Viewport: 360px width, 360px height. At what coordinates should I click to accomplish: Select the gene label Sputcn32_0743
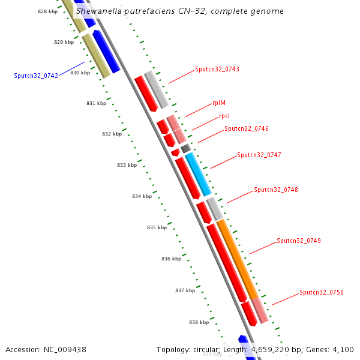[x=217, y=70]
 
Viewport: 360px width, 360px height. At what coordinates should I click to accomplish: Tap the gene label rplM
[x=219, y=103]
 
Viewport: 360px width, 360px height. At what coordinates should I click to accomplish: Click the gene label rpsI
[x=224, y=116]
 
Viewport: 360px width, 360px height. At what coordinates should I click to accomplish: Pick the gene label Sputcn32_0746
[x=247, y=128]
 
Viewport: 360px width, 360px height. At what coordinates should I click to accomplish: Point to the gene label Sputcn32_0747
[x=259, y=155]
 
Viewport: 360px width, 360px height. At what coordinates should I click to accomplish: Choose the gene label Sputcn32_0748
[x=275, y=190]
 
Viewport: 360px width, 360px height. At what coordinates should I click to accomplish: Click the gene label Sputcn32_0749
[x=298, y=241]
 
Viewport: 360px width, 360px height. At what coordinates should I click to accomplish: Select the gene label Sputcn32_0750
[x=321, y=292]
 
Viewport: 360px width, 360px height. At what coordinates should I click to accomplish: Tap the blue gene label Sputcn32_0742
[x=36, y=76]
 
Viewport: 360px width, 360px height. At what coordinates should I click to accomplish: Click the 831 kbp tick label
[x=96, y=103]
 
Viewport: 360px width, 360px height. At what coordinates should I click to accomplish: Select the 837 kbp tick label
[x=185, y=290]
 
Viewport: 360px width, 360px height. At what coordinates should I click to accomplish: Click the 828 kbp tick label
[x=47, y=11]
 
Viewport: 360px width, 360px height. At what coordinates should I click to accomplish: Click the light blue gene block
[x=198, y=175]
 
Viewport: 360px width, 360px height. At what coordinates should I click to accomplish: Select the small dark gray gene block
[x=185, y=148]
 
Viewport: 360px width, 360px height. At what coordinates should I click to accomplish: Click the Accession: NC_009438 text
[x=46, y=349]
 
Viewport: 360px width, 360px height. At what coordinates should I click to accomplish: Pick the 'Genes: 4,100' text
[x=334, y=349]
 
